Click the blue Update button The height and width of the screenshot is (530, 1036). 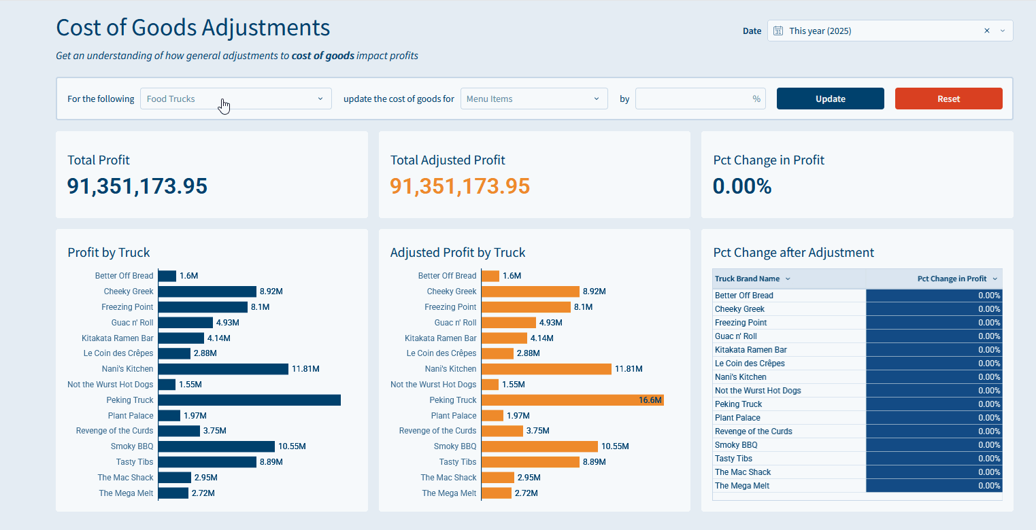(830, 99)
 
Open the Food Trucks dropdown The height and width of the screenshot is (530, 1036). (235, 99)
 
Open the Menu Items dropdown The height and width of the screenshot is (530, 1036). (533, 99)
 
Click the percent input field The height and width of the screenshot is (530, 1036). (694, 99)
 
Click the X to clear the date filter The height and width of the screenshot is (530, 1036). (987, 31)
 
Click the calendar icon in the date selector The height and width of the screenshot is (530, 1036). (779, 31)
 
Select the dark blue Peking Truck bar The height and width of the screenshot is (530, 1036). (249, 400)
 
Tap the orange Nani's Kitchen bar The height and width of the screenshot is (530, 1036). (546, 369)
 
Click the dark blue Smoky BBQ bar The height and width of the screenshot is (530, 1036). (216, 446)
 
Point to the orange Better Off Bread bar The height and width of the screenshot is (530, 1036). (490, 276)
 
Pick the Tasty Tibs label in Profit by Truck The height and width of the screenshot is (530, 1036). (135, 462)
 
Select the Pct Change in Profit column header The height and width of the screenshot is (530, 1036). (952, 279)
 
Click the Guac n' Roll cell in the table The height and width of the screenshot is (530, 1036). (736, 336)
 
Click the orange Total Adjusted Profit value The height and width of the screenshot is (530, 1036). (460, 186)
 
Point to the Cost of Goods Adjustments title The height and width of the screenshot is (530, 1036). (193, 28)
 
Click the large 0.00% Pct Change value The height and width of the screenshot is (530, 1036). (742, 186)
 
